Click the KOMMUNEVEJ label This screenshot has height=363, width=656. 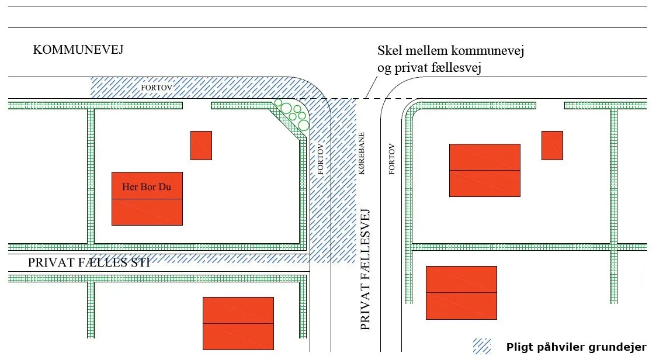(78, 50)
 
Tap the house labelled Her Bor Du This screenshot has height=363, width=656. (147, 199)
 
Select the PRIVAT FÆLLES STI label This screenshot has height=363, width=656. (89, 262)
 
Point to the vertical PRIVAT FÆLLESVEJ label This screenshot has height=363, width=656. (365, 269)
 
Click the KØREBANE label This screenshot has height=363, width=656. (362, 153)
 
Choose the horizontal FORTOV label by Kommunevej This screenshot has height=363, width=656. (157, 88)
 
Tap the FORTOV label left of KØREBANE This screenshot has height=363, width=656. (321, 159)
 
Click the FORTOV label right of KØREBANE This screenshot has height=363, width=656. (391, 159)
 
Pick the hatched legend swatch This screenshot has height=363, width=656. (481, 347)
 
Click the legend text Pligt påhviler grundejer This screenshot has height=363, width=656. (577, 347)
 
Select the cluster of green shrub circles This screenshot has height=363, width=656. (293, 114)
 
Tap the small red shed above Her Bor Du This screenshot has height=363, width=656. (201, 146)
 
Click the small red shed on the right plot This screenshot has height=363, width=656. (552, 146)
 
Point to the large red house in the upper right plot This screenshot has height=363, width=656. (485, 171)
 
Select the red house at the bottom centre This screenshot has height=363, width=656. (238, 324)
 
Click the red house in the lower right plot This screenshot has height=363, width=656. (461, 293)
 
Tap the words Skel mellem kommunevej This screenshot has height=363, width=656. (450, 51)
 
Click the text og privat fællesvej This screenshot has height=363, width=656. (429, 67)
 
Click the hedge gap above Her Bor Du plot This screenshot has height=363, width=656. (197, 105)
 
